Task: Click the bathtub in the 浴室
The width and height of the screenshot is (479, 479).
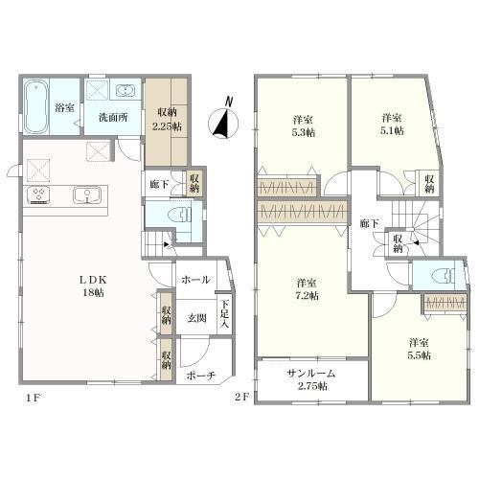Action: pos(36,106)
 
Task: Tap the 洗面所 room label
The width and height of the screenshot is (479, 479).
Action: pos(113,118)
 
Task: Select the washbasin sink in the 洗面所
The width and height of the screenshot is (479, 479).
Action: pos(125,90)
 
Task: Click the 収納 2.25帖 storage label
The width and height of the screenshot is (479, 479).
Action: pos(167,120)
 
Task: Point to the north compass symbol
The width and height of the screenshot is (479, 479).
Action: pos(223,122)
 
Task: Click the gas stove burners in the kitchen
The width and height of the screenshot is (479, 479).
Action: pos(38,194)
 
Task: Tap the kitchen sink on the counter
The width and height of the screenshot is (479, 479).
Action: pos(87,194)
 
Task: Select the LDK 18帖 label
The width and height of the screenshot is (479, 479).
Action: pos(93,286)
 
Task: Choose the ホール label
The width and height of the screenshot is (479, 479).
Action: pos(195,280)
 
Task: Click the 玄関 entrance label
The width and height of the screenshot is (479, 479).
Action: pos(196,318)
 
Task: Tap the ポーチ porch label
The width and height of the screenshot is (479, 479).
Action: pos(201,376)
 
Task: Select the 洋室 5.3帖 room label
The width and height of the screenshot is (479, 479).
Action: pos(304,126)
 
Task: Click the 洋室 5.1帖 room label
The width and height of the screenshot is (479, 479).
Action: pos(392,125)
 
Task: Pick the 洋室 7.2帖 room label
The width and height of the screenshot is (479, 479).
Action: pos(307,289)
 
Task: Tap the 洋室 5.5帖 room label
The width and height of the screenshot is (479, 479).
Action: pos(419,349)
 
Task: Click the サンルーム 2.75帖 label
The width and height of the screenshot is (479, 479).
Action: pos(311,379)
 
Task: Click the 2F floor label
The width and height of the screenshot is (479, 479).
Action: pos(241,398)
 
